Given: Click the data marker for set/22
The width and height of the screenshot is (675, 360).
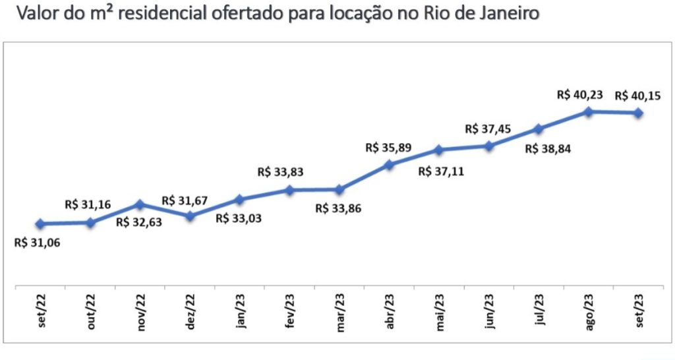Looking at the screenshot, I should click(x=40, y=224).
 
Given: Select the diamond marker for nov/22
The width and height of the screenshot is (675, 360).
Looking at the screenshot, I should click(x=140, y=204).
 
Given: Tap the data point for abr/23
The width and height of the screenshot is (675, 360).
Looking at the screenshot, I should click(x=389, y=165).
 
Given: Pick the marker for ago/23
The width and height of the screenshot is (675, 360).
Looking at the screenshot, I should click(x=588, y=111).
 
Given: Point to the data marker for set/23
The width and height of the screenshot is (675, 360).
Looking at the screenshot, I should click(x=638, y=113).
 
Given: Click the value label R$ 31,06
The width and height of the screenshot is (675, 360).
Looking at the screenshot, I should click(x=36, y=243).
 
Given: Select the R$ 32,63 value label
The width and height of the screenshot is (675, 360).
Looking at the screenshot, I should click(x=138, y=222).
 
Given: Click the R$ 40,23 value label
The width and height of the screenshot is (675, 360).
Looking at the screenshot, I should click(x=580, y=94).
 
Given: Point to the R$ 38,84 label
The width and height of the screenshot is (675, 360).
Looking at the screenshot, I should click(x=548, y=148).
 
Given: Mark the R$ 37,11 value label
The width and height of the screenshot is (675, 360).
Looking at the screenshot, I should click(x=442, y=173).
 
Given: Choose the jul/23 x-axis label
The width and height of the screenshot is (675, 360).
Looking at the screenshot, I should click(x=539, y=315).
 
